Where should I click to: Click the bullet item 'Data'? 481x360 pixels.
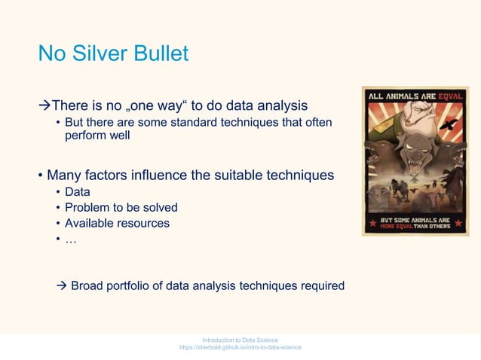78,192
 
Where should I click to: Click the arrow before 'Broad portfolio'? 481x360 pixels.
63,285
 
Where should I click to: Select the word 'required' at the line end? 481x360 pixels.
322,285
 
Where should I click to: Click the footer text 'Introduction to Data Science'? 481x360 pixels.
240,340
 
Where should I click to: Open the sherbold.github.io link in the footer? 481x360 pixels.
240,348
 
